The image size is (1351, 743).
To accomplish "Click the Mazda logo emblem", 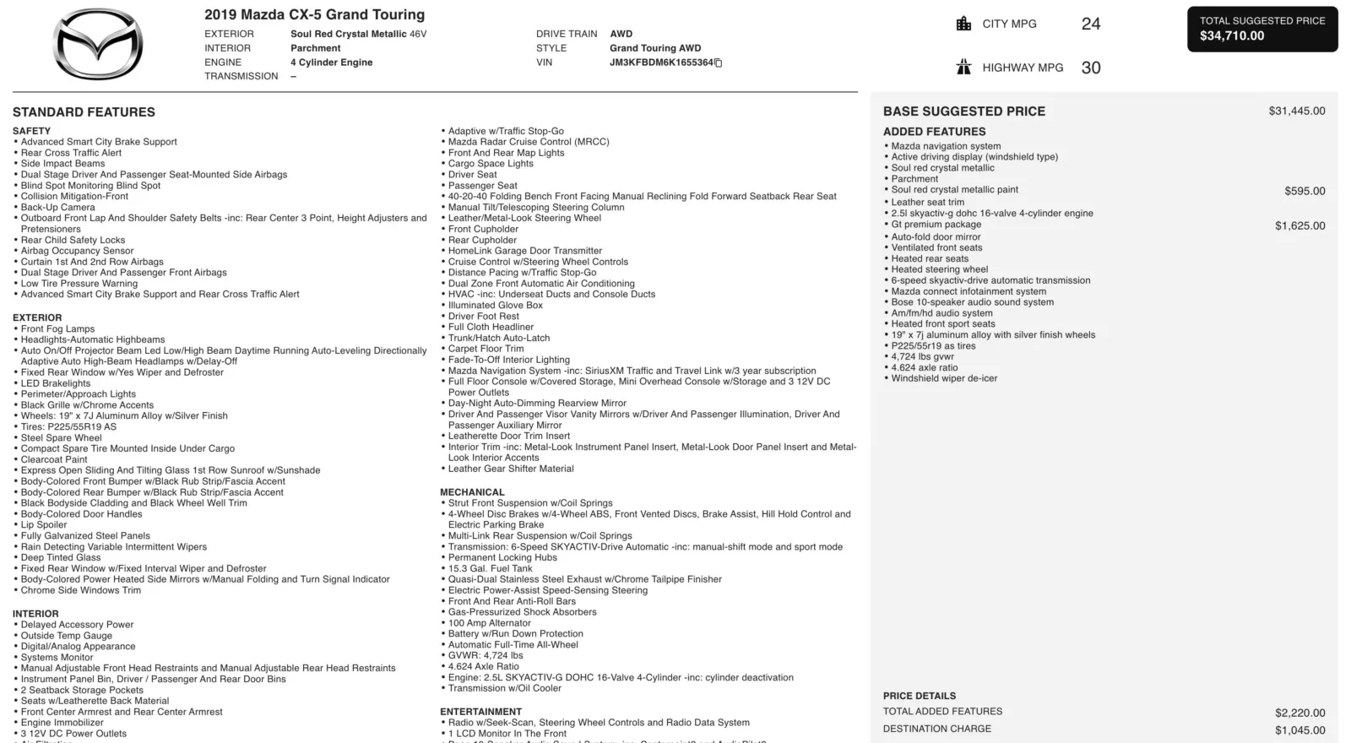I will (98, 45).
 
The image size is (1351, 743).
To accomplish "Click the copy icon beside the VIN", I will (719, 62).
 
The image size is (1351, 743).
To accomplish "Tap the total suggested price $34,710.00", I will (1232, 35).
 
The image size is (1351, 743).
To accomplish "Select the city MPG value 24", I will (1090, 24).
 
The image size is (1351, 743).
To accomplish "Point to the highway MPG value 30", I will (1090, 68).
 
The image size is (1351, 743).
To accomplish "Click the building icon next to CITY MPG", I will (963, 24).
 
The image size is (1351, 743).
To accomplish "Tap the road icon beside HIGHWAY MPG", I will (963, 68).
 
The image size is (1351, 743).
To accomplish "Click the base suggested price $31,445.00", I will (1296, 111).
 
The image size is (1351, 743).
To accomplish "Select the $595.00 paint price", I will (1305, 191).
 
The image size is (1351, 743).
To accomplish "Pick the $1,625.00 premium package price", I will (1299, 225).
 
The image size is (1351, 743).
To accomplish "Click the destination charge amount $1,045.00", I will (1299, 730).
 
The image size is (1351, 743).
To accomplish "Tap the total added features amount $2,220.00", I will (1299, 713).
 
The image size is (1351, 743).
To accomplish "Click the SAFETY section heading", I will (31, 131).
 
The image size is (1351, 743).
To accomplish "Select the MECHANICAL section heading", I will (472, 492).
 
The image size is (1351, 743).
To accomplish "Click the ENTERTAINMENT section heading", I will (480, 712).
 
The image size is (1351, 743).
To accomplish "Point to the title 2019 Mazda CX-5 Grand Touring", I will (314, 14).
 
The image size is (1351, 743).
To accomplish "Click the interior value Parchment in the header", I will (316, 48).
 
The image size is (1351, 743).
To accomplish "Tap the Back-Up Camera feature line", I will (57, 207).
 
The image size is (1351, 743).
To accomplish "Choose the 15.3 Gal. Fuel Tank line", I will (490, 568).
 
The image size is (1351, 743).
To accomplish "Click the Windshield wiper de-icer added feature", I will (944, 378).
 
